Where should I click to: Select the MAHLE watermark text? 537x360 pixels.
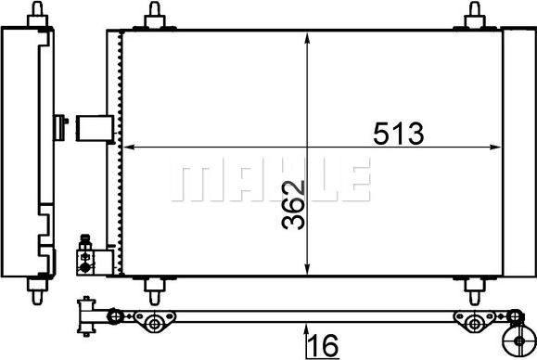273,178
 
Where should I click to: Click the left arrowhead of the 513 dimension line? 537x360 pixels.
130,147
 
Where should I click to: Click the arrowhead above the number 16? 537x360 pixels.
307,326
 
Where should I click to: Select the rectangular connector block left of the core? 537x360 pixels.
94,127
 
